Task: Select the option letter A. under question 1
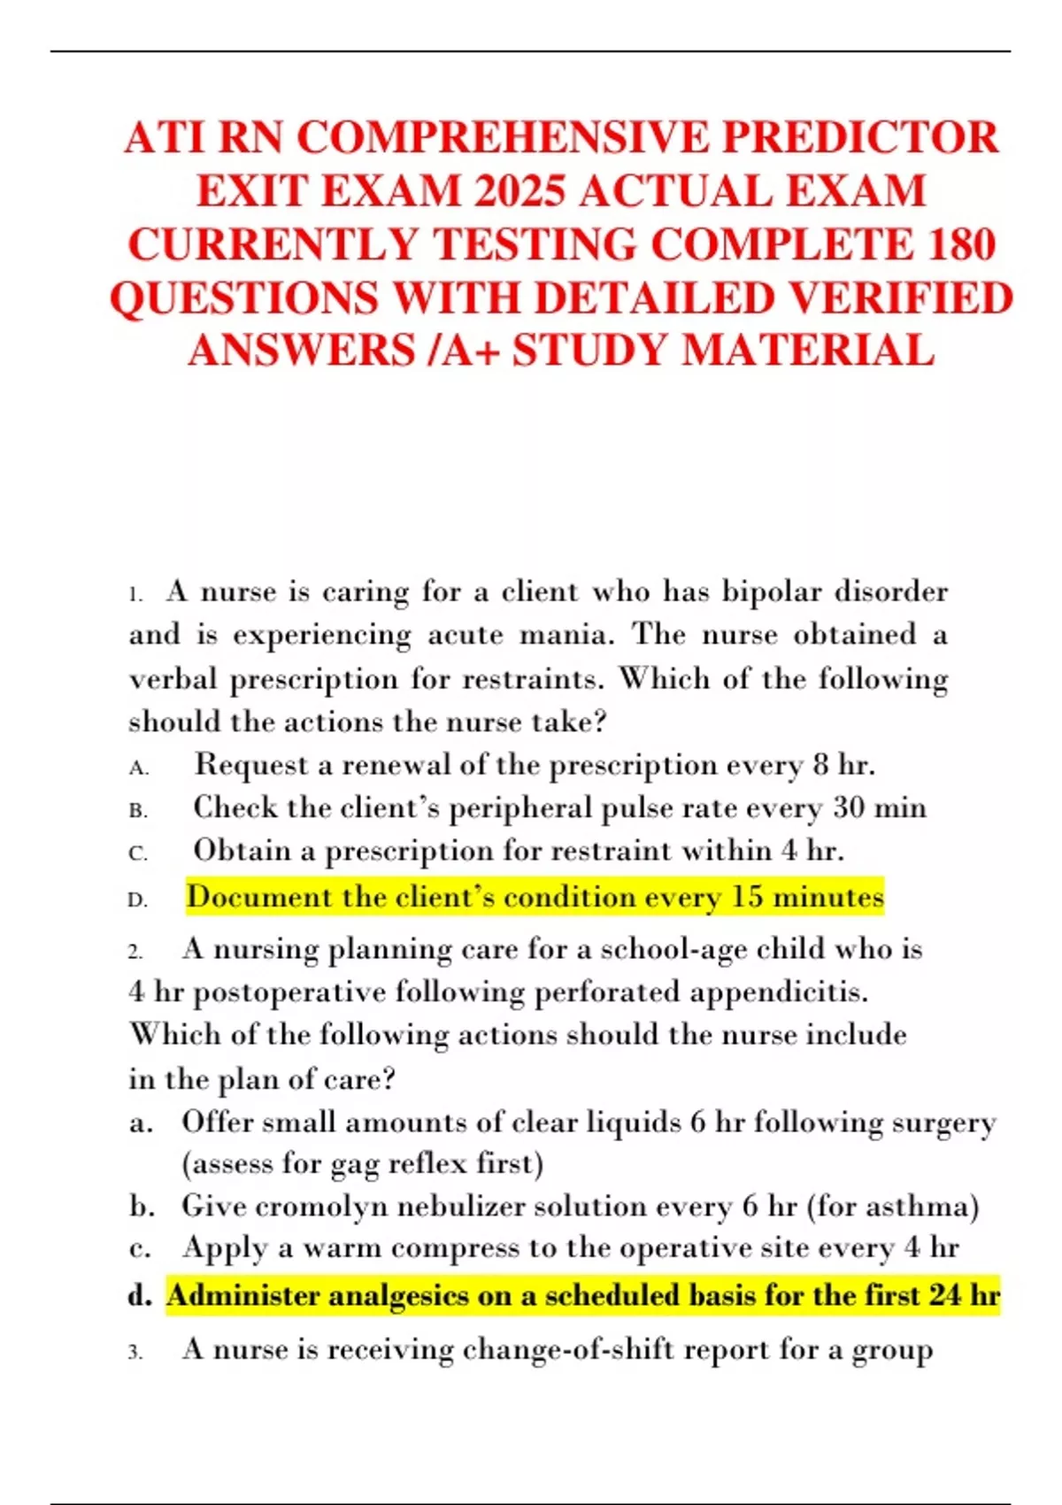(138, 768)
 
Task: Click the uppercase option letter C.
(138, 853)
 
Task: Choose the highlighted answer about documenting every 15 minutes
(535, 897)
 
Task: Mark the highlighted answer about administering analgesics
(582, 1296)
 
